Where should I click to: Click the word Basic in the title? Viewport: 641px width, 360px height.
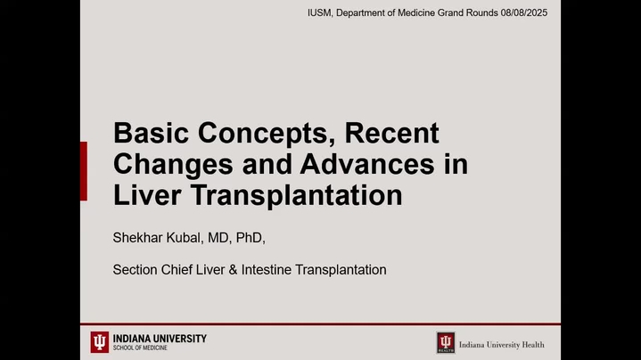(x=151, y=133)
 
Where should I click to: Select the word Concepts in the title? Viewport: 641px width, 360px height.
(x=267, y=134)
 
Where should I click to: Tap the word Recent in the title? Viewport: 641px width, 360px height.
(x=391, y=133)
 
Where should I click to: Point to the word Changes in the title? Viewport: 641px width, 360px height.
(x=173, y=166)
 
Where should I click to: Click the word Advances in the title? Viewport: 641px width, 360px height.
(x=366, y=164)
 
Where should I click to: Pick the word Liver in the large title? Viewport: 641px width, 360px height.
(x=147, y=195)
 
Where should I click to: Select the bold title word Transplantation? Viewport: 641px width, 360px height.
(x=296, y=197)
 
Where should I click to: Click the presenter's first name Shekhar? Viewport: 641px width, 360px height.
(x=138, y=237)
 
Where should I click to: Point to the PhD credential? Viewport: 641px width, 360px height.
(x=251, y=237)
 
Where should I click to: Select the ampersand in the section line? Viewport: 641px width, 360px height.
(x=233, y=270)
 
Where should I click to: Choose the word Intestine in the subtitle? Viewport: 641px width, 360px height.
(x=267, y=270)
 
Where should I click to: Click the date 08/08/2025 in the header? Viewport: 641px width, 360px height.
(x=523, y=13)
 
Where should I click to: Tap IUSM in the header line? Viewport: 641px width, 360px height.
(x=320, y=13)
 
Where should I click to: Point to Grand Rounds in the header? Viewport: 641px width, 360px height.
(x=468, y=13)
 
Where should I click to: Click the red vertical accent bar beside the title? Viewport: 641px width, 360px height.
(x=84, y=171)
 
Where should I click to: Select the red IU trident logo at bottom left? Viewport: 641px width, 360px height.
(x=100, y=342)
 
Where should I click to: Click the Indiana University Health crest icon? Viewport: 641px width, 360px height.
(x=446, y=342)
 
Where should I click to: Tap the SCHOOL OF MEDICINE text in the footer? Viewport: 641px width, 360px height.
(x=140, y=348)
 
